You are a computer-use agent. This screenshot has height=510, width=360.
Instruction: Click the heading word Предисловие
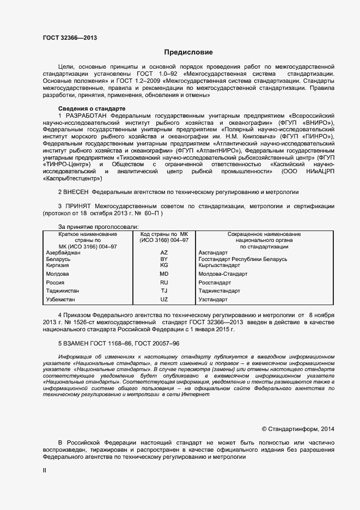(x=188, y=52)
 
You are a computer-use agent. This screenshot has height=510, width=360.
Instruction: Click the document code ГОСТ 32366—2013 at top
(x=70, y=38)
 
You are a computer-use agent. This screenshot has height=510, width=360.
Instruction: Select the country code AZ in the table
(x=164, y=253)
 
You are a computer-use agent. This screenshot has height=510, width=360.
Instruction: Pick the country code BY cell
(x=164, y=259)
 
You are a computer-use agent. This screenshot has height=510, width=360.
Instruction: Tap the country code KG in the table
(x=164, y=265)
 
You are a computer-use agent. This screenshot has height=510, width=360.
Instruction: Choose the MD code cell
(x=164, y=274)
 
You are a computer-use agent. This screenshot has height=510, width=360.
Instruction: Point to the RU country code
(x=164, y=283)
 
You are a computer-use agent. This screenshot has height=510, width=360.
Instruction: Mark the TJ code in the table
(x=164, y=291)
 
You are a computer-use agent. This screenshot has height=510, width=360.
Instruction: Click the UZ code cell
(x=164, y=300)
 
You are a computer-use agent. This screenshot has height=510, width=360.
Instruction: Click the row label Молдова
(x=58, y=274)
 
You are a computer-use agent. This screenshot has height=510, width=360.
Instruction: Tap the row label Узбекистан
(x=61, y=300)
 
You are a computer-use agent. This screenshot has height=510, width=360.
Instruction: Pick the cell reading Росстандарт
(x=215, y=283)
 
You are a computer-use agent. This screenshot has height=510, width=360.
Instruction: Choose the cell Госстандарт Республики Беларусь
(x=243, y=259)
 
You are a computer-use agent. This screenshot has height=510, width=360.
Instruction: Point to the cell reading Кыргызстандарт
(x=219, y=265)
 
